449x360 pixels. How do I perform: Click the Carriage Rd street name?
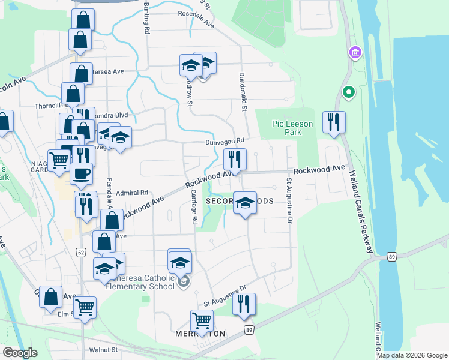[x=194, y=208]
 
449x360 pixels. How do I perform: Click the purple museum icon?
[x=354, y=53]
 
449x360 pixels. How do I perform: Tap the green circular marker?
[x=347, y=93]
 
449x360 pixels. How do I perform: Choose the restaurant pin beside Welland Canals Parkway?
[x=332, y=122]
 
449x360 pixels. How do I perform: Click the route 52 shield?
[x=80, y=252]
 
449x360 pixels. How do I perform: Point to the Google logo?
[x=20, y=352]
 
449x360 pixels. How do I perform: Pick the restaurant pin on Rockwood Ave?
[x=234, y=159]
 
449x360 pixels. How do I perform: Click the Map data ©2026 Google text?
[x=411, y=355]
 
